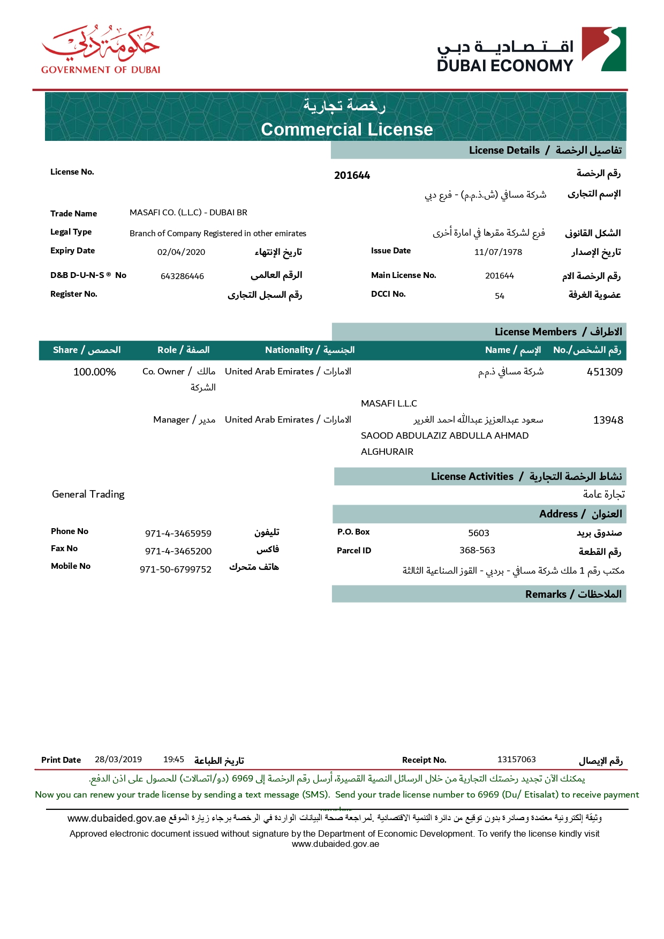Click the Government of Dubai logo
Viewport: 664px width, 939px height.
click(x=101, y=49)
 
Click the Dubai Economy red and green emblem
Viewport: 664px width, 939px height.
click(x=603, y=49)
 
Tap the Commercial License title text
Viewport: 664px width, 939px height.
click(x=347, y=130)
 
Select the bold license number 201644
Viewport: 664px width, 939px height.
click(x=352, y=176)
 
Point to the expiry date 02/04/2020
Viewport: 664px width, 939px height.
click(x=181, y=252)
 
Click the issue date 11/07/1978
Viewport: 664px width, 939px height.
click(x=498, y=252)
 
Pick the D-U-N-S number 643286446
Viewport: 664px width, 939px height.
click(x=182, y=276)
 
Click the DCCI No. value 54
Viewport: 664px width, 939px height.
click(x=499, y=296)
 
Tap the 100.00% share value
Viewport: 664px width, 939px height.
click(x=94, y=372)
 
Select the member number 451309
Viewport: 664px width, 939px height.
click(x=605, y=372)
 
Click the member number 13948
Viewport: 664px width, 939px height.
click(x=608, y=420)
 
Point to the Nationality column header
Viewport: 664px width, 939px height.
click(x=310, y=350)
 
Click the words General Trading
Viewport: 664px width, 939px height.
click(x=88, y=494)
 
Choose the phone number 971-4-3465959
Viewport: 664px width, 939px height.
click(x=178, y=534)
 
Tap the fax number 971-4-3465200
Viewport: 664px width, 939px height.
click(x=178, y=551)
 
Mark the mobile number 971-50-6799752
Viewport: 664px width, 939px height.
click(x=176, y=569)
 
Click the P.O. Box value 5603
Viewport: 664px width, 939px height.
click(x=478, y=533)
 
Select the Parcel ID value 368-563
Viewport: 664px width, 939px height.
click(x=477, y=551)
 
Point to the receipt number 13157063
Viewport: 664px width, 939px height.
click(x=516, y=760)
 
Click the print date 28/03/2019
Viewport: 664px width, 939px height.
click(x=118, y=760)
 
